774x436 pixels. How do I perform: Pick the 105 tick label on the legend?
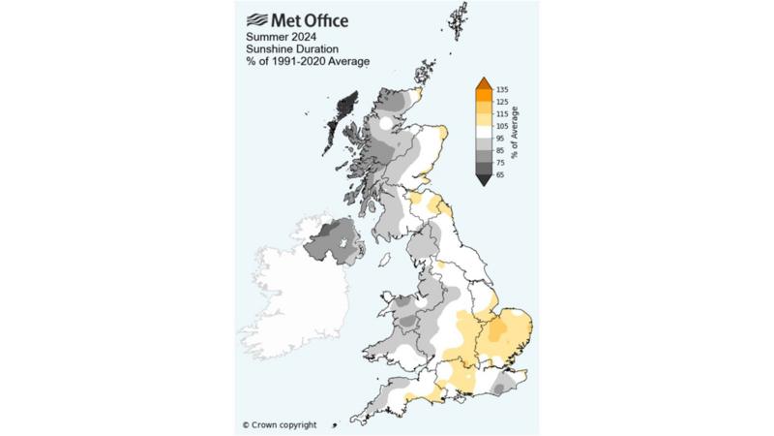tap(502, 126)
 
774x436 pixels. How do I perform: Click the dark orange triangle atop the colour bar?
tap(483, 83)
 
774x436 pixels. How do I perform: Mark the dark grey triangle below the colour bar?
tap(483, 180)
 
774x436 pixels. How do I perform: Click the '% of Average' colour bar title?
tap(517, 132)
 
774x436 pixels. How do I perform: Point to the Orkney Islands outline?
tap(424, 72)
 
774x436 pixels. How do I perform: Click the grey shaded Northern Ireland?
tap(328, 240)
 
